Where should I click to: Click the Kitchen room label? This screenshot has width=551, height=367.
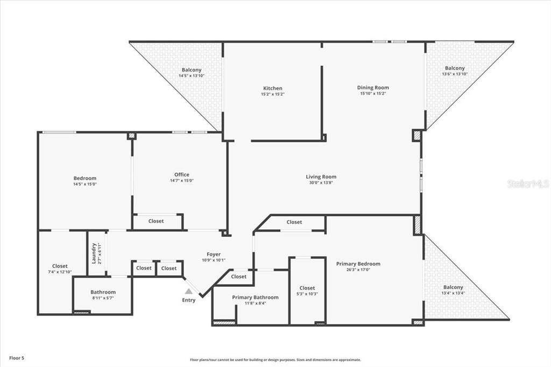273,88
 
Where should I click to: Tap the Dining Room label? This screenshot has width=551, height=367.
373,88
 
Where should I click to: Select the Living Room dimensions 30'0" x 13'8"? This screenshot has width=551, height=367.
321,182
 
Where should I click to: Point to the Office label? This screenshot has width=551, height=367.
182,175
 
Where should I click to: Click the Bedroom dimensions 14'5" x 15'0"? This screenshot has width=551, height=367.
84,184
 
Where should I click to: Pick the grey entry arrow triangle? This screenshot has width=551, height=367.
189,291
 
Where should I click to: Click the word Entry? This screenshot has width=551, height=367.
189,300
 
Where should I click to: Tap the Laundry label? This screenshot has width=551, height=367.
94,253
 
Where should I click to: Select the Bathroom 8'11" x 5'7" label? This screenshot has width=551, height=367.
103,294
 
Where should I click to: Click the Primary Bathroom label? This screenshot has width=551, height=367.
255,298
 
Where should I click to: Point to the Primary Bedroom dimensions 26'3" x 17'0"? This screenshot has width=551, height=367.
358,270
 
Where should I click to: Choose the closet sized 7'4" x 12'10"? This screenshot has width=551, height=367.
60,269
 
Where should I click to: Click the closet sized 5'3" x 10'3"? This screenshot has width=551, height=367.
307,291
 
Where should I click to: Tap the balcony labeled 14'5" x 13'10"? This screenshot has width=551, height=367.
192,73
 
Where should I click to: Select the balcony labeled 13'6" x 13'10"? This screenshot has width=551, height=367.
455,70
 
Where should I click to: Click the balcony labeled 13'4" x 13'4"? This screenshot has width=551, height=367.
453,290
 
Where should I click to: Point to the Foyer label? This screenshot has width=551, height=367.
214,254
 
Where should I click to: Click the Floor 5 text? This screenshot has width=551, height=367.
17,358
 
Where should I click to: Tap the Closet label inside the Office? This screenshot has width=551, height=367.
156,221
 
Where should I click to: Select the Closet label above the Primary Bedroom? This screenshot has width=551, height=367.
294,222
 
